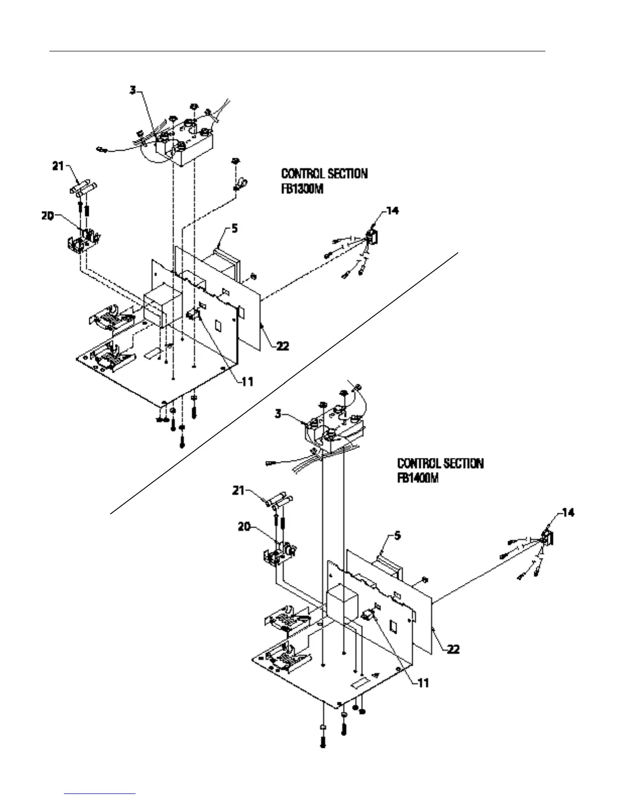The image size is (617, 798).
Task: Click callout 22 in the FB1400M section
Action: click(x=453, y=649)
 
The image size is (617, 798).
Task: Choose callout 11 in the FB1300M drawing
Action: click(x=247, y=382)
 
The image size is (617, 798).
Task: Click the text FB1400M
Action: click(x=418, y=477)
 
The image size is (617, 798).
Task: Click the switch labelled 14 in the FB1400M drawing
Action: click(x=547, y=537)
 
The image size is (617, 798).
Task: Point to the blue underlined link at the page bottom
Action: click(x=100, y=793)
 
